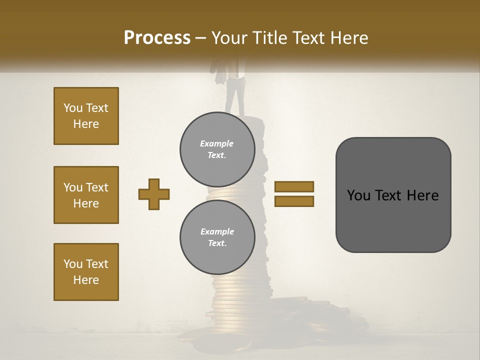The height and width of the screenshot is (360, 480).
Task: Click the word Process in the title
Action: tap(157, 38)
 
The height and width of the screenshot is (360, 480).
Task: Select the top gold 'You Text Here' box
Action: tap(86, 116)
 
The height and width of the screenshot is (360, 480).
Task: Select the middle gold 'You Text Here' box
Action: tap(86, 195)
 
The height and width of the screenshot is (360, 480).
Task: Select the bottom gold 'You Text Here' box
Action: tap(86, 272)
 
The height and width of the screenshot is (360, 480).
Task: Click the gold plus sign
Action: tap(154, 194)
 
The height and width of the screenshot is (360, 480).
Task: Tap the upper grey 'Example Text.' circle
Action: tap(217, 149)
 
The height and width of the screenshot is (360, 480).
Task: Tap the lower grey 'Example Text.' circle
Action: tap(217, 237)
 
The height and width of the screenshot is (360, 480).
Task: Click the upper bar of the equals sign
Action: tap(294, 186)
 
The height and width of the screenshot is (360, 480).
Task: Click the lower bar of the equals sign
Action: tap(294, 201)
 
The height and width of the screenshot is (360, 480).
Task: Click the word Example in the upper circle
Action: tap(216, 143)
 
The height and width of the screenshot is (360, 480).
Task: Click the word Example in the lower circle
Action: tap(217, 231)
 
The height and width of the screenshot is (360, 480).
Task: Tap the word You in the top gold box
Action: tap(73, 108)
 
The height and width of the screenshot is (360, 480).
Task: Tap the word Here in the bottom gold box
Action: tap(86, 280)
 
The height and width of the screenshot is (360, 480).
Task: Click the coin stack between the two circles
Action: tap(227, 193)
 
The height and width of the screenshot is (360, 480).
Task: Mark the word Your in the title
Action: tap(229, 38)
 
